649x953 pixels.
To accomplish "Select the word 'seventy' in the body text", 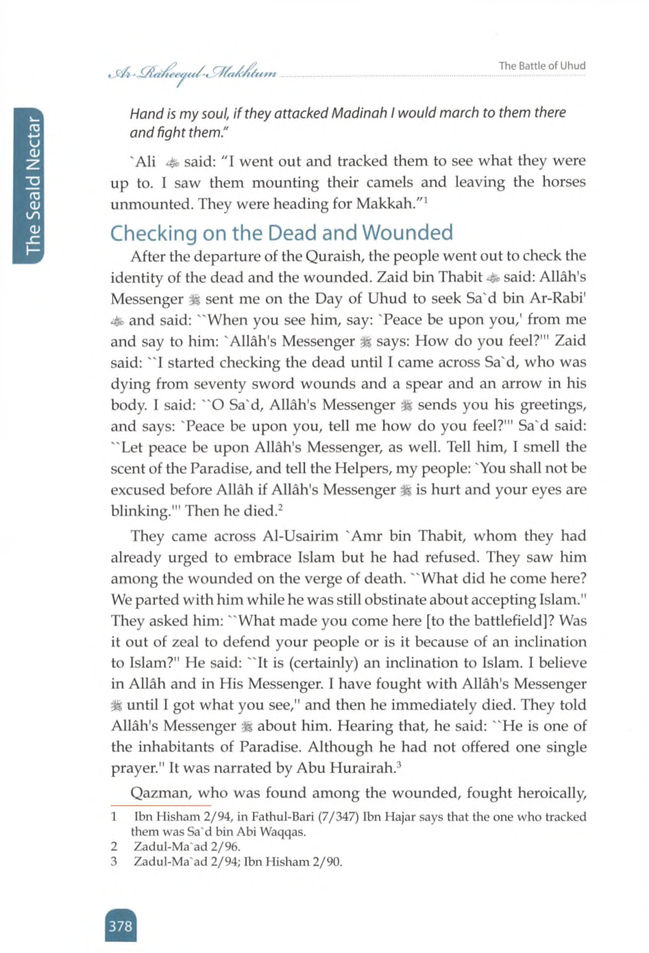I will tap(210, 384).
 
